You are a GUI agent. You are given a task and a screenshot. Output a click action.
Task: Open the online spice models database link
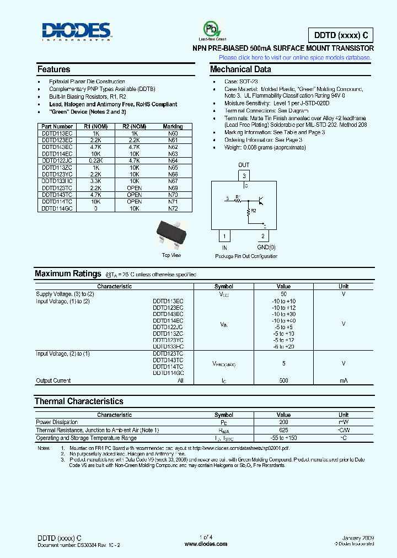[295, 57]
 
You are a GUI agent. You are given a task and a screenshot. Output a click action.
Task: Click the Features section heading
[53, 70]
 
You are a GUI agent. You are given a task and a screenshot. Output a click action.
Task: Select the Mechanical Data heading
[240, 70]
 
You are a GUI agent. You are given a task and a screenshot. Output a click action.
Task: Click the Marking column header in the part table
[173, 126]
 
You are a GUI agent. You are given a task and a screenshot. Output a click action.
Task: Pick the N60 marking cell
[173, 133]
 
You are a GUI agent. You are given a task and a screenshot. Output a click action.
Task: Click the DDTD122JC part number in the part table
[57, 160]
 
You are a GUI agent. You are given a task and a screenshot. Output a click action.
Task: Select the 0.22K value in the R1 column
[96, 160]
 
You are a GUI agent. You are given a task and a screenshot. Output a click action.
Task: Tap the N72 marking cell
[173, 208]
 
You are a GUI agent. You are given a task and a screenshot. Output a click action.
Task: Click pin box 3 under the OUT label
[244, 176]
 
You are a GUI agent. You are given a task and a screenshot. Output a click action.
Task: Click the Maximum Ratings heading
[68, 274]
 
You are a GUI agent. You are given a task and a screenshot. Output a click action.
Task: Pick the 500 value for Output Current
[283, 380]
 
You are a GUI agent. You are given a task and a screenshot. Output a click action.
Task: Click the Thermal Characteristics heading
[79, 401]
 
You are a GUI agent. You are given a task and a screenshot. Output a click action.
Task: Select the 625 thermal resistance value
[283, 430]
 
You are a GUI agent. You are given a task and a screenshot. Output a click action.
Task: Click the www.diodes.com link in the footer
[206, 543]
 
